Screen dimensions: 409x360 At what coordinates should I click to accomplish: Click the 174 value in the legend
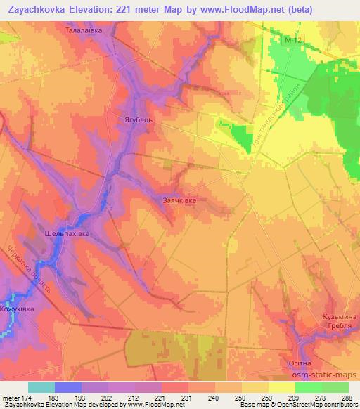tap(27, 398)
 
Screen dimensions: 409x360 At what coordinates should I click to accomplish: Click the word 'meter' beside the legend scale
tap(11, 398)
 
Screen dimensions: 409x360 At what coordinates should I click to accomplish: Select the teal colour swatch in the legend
tap(41, 387)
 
